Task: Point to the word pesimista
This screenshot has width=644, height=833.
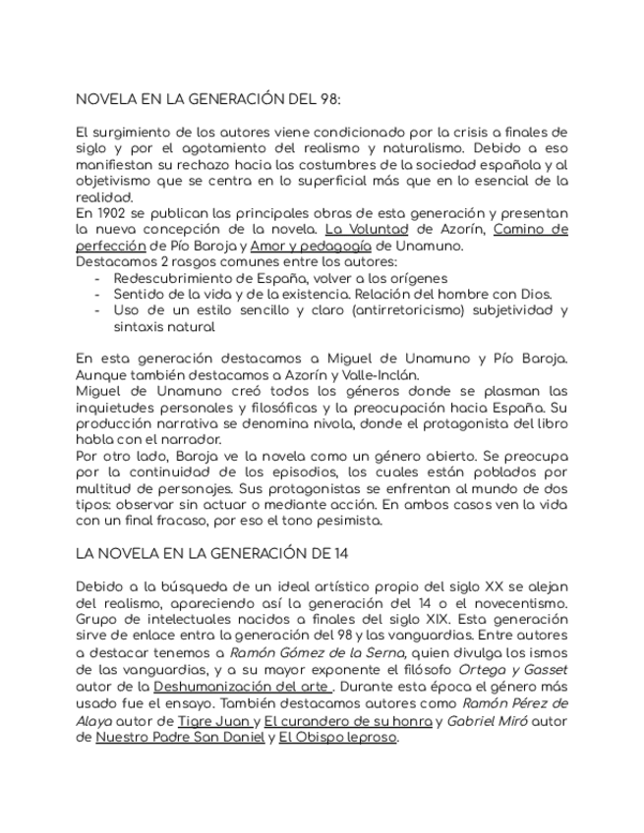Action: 349,521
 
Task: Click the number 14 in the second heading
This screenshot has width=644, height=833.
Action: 340,553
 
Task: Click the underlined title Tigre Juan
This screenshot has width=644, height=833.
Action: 212,720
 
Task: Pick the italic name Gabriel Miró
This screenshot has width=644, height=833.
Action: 488,720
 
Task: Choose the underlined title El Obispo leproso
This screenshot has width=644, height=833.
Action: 337,737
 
